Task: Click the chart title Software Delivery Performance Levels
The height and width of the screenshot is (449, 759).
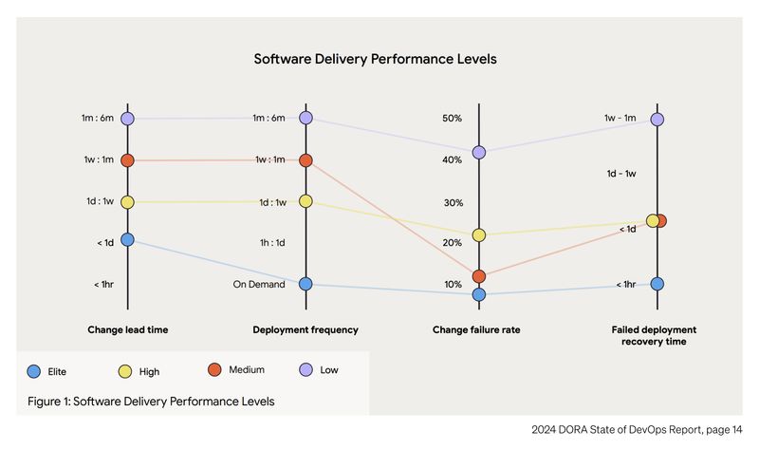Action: (375, 59)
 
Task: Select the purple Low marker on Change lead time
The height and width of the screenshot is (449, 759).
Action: (128, 119)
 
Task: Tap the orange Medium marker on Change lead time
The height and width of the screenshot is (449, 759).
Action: (128, 160)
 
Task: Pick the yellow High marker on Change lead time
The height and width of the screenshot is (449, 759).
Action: (128, 202)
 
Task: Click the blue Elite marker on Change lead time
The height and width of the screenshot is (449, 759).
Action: (128, 240)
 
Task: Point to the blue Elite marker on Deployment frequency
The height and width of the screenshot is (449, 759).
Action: (305, 284)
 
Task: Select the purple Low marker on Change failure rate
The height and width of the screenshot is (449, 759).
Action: (479, 152)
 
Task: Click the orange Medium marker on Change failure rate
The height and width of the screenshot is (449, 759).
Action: (479, 276)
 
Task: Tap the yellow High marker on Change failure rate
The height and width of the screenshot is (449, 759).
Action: (479, 234)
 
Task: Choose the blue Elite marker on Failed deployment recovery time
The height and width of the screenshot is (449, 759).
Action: (657, 284)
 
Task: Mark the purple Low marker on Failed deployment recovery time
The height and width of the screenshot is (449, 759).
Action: (657, 120)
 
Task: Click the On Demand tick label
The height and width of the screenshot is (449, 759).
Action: (259, 284)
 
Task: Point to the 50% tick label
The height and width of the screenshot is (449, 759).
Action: (452, 119)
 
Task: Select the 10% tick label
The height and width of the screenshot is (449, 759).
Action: (452, 285)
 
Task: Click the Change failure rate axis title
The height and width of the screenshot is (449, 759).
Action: (476, 330)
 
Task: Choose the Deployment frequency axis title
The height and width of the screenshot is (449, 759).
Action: (305, 330)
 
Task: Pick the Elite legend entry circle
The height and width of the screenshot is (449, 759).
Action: (34, 370)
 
